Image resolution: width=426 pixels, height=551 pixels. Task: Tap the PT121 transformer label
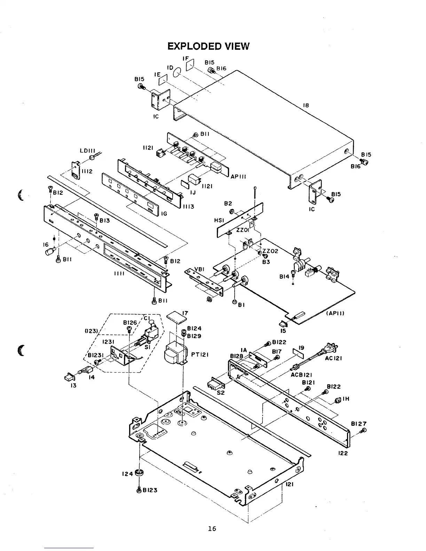(x=200, y=355)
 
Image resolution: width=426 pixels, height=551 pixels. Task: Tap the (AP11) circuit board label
(x=335, y=313)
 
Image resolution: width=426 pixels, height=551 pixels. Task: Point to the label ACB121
(x=301, y=375)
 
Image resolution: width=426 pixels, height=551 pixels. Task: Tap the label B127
(x=359, y=424)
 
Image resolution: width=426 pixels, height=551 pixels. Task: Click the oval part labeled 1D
(x=177, y=72)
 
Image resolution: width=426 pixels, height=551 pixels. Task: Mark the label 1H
(x=346, y=399)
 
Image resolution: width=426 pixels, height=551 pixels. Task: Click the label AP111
(x=238, y=176)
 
